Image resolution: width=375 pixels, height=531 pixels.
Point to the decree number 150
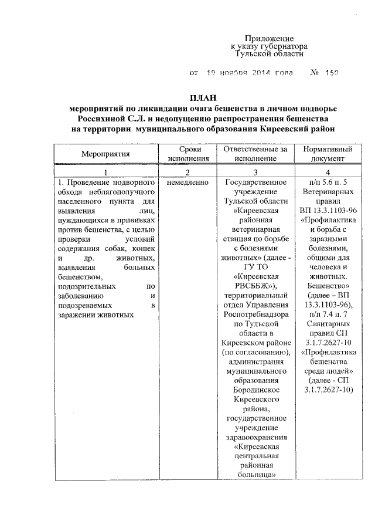pyautogui.click(x=331, y=74)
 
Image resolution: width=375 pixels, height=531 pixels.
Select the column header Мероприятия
pyautogui.click(x=105, y=154)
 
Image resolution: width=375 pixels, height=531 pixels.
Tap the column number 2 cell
pyautogui.click(x=187, y=173)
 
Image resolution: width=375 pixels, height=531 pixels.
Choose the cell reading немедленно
pyautogui.click(x=187, y=182)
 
